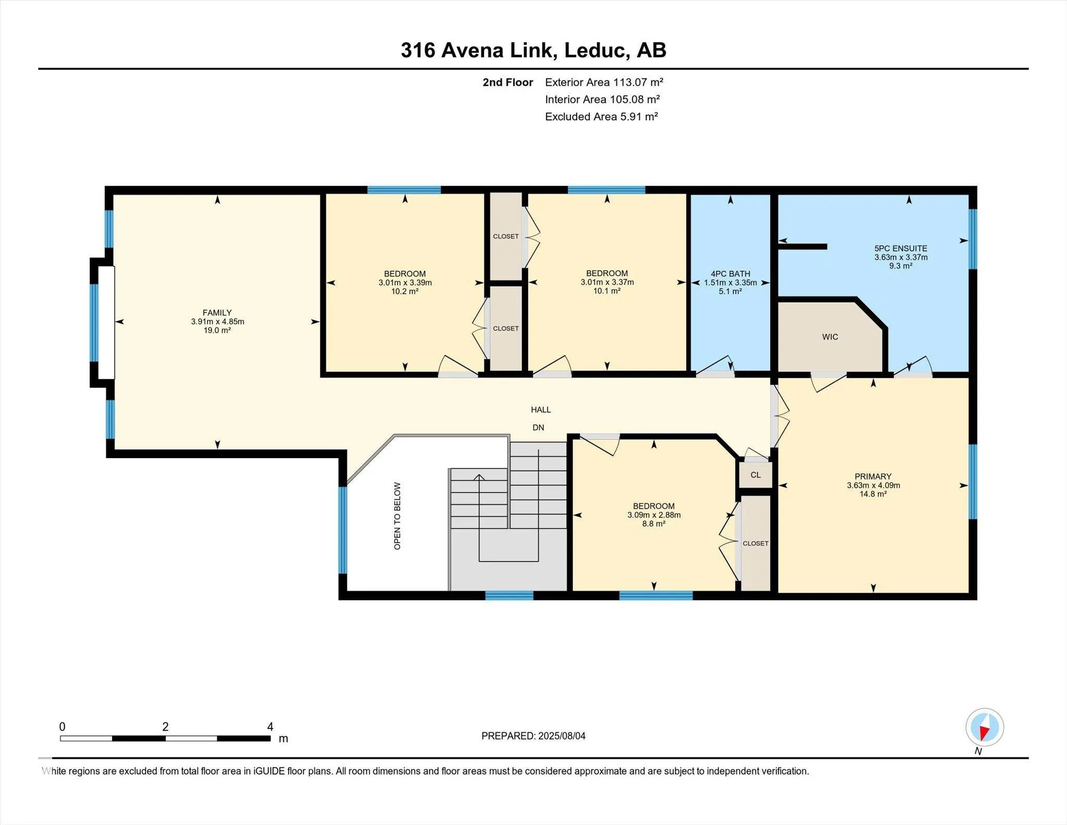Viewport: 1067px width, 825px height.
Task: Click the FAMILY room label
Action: (x=217, y=313)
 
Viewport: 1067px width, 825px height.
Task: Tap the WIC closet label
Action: (x=830, y=337)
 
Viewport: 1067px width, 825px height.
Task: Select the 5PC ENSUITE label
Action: (x=901, y=249)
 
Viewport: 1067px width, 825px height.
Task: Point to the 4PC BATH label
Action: (x=730, y=274)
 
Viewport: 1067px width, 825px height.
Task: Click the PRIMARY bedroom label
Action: (x=873, y=476)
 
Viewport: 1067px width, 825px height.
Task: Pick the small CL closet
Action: (x=755, y=475)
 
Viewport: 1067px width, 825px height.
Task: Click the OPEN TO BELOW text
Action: (x=398, y=516)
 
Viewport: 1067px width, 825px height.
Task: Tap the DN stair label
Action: (x=538, y=427)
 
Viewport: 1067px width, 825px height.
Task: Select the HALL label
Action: (x=541, y=410)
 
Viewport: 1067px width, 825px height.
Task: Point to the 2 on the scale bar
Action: (x=165, y=727)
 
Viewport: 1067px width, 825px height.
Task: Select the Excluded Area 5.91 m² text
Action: (x=601, y=117)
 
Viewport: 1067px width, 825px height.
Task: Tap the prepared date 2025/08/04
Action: (x=562, y=736)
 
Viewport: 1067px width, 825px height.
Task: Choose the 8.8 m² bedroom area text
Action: (x=654, y=524)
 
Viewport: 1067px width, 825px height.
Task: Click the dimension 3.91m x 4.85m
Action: (x=217, y=322)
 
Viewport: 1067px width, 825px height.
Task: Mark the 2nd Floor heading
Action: (x=508, y=82)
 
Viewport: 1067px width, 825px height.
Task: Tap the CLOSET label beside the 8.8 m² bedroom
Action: (x=755, y=543)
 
